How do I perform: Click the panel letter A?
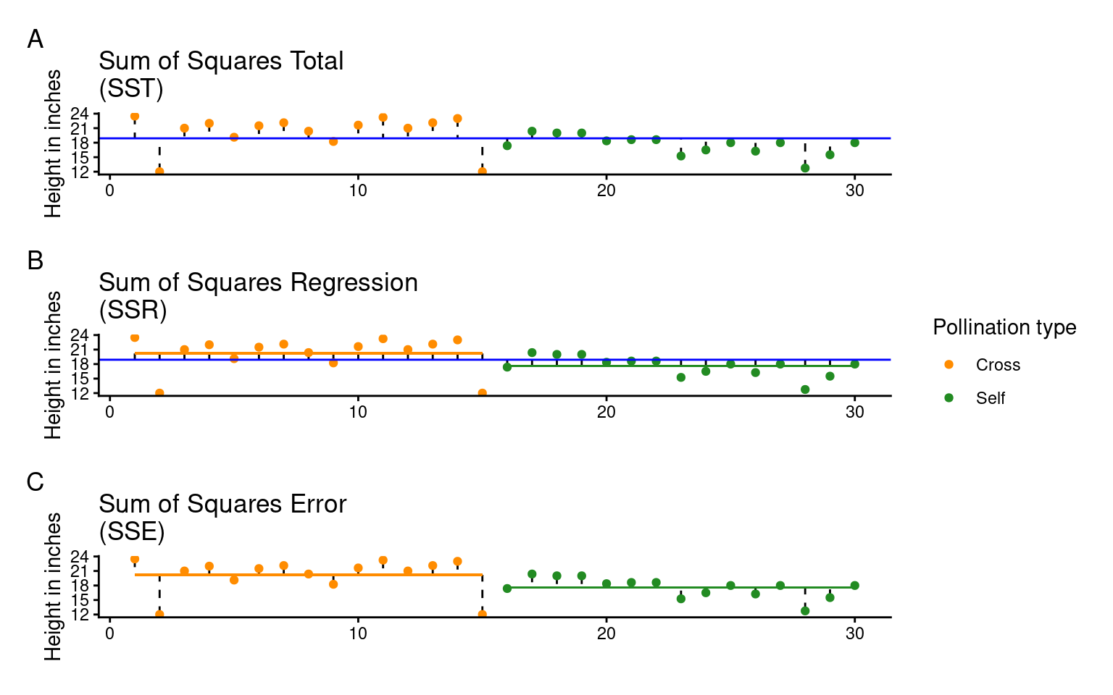click(x=35, y=39)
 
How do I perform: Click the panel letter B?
click(x=35, y=261)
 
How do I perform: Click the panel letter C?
click(x=35, y=482)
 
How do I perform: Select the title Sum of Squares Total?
click(x=221, y=62)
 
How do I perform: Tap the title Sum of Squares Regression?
click(x=258, y=283)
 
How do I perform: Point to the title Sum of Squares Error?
click(x=222, y=505)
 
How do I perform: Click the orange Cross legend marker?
click(x=949, y=365)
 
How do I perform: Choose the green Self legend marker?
click(x=949, y=397)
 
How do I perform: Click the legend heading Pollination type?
click(x=1004, y=327)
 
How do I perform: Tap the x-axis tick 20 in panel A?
click(x=606, y=190)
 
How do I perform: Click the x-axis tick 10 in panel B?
click(x=358, y=412)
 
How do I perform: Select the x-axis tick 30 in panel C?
click(x=855, y=633)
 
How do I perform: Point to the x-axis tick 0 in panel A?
click(x=109, y=190)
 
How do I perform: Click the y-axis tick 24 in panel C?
click(x=80, y=557)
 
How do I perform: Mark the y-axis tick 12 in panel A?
click(x=80, y=172)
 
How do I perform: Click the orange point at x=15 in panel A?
click(x=483, y=172)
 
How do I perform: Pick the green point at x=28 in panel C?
click(x=805, y=611)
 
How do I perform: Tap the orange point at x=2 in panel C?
click(x=159, y=615)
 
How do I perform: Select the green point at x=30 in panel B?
click(x=855, y=364)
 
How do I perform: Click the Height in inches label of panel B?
click(x=53, y=365)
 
